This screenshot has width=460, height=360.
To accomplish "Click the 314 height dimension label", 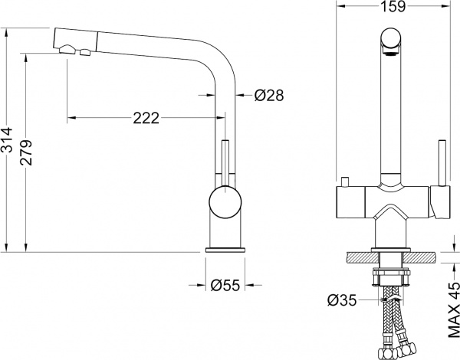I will click(7, 139).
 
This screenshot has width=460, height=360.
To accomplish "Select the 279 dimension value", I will click(27, 153).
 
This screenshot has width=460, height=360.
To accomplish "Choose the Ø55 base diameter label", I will click(225, 286).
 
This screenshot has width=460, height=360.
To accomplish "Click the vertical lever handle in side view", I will click(225, 161).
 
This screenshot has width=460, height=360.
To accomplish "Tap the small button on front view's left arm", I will click(346, 182).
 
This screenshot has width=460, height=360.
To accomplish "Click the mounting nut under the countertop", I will click(392, 273).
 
